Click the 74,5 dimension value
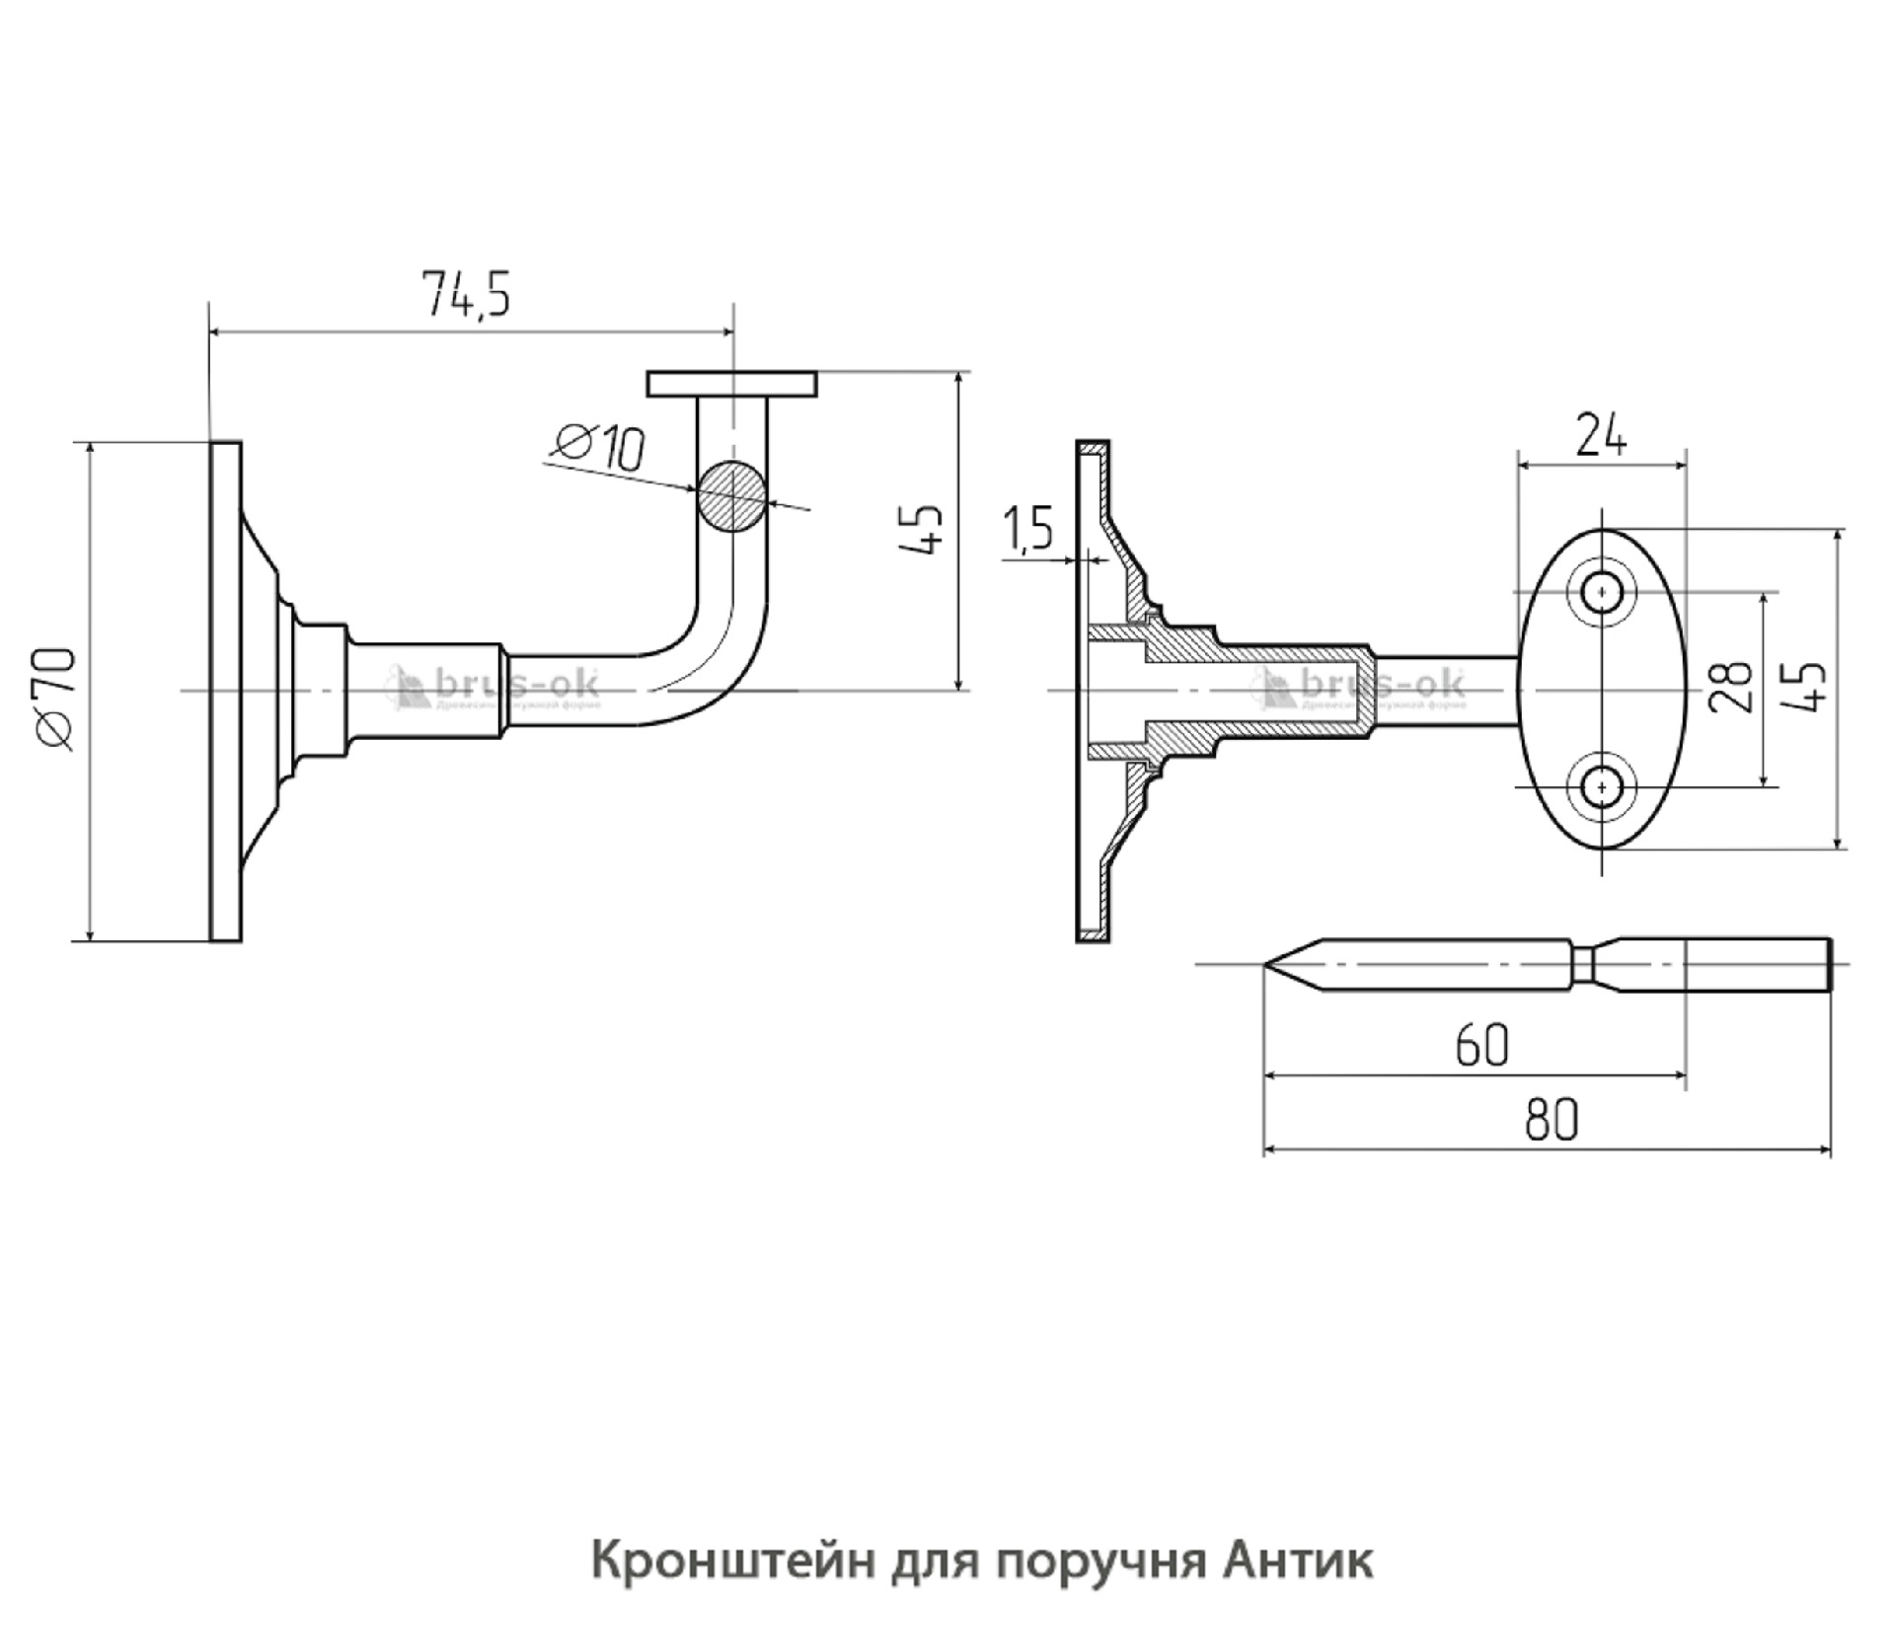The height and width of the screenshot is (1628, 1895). click(x=467, y=294)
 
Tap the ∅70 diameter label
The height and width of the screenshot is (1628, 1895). click(x=56, y=699)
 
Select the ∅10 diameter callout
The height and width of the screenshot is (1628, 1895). click(x=600, y=446)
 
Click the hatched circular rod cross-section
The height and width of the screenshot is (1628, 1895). click(x=731, y=496)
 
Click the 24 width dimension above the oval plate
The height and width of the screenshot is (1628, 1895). click(x=1600, y=435)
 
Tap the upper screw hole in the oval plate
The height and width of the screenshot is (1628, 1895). click(x=1602, y=593)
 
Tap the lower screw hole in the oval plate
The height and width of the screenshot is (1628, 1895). click(x=1602, y=786)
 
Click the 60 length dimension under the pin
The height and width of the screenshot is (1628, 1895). click(x=1481, y=1045)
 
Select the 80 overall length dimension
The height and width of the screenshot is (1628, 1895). click(x=1551, y=1120)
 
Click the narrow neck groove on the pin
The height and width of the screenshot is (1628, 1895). click(x=1582, y=963)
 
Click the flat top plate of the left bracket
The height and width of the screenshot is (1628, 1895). click(x=731, y=384)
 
